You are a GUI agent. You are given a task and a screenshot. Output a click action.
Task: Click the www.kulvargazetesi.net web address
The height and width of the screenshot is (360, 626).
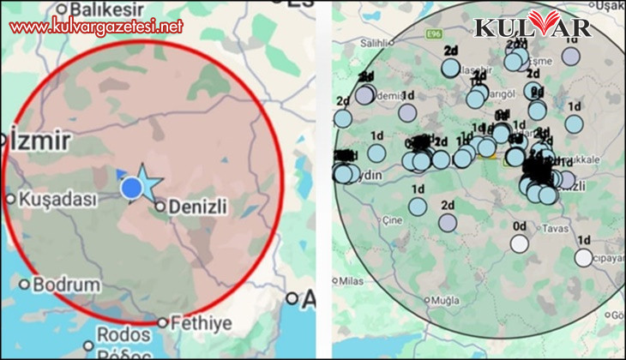(96, 26)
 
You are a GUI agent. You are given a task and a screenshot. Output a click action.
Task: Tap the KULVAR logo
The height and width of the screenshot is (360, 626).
(533, 26)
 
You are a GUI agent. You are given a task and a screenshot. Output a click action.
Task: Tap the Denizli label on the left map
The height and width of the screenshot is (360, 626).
(202, 206)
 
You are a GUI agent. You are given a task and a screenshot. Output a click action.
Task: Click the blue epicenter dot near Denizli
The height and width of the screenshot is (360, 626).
(131, 188)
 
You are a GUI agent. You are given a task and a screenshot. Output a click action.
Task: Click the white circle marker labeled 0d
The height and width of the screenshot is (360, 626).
(519, 243)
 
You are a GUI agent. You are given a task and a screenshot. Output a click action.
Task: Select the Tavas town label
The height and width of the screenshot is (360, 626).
(579, 229)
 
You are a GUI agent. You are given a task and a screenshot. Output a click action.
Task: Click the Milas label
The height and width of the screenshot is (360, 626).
(352, 280)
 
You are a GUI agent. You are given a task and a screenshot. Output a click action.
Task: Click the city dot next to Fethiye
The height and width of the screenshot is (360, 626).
(163, 323)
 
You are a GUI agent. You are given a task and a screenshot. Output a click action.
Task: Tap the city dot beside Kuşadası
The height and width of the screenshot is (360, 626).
(10, 199)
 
